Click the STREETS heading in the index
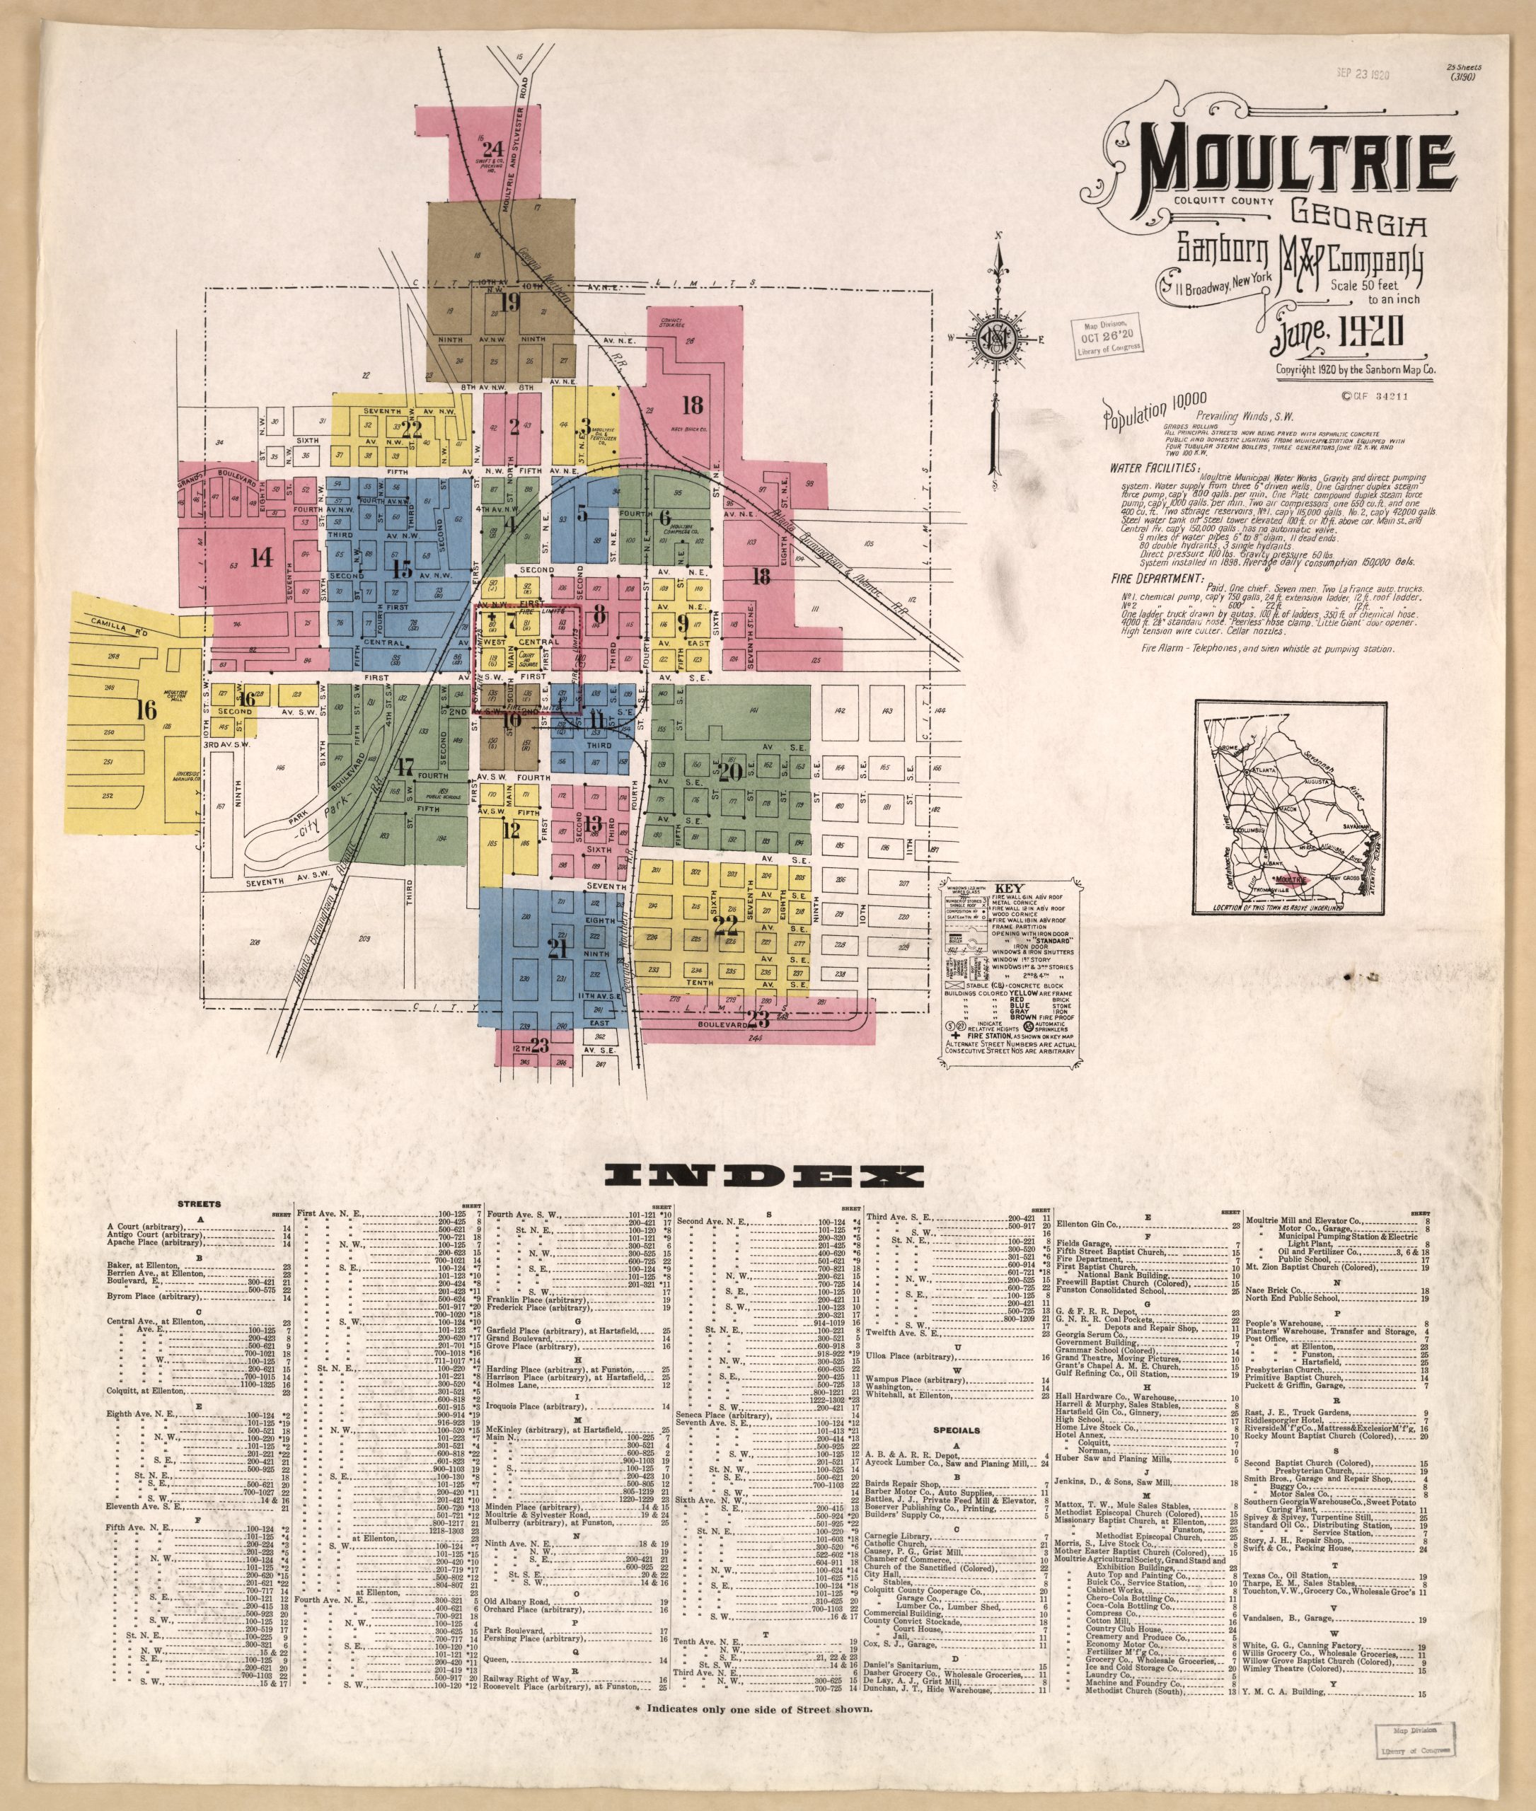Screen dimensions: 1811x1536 tap(200, 1204)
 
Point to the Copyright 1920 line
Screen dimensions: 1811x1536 tap(1355, 370)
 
